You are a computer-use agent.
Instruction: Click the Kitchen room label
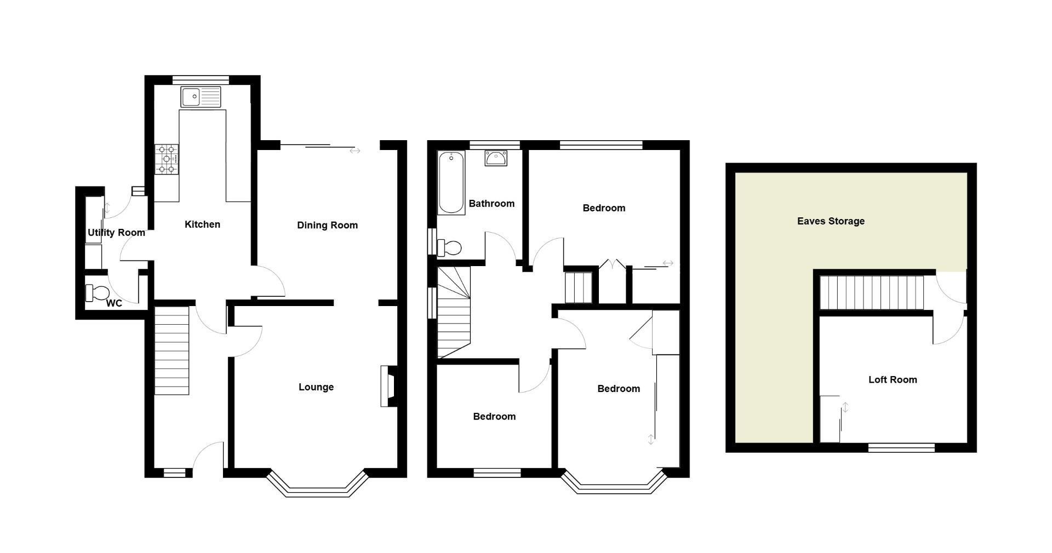coord(202,224)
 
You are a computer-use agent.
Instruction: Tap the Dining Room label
coord(327,225)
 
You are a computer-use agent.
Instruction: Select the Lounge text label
coord(316,387)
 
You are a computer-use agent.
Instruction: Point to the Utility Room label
coord(116,233)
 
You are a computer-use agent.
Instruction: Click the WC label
coord(114,303)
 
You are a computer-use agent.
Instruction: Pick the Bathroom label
coord(491,204)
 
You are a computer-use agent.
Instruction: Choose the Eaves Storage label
coord(831,221)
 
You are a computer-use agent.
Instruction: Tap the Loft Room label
coord(893,380)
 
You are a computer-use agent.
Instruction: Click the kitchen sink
coord(201,97)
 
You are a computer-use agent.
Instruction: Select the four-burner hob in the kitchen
coord(167,159)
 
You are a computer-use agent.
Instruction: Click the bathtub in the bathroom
coord(451,183)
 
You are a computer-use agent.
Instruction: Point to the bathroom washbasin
coord(496,158)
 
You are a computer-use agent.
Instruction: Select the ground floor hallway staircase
coord(171,350)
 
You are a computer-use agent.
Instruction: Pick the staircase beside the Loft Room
coord(871,292)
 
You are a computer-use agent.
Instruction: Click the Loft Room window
coord(901,448)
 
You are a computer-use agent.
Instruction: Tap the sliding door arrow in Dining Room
coord(355,151)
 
